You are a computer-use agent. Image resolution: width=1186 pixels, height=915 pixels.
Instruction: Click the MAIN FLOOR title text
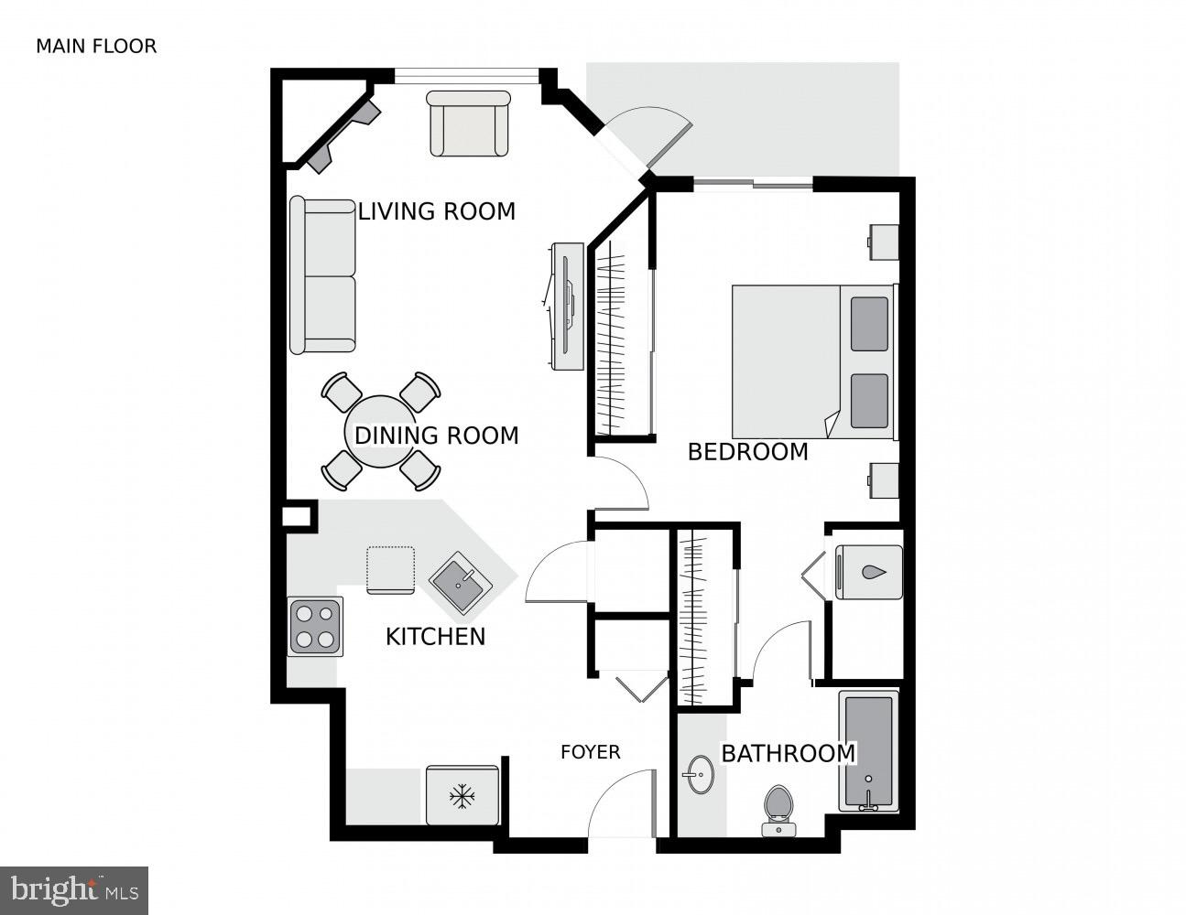point(96,46)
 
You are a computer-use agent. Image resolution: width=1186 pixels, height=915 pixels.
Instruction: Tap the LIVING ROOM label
point(436,211)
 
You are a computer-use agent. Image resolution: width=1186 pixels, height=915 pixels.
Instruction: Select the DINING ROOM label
point(436,436)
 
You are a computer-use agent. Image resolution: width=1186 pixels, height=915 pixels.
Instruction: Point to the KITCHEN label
point(435,637)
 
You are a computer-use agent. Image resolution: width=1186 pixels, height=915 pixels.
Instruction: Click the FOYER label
point(591,752)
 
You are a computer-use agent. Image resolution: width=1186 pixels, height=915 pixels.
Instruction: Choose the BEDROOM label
point(747,452)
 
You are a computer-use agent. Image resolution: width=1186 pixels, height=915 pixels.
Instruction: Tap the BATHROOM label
point(788,754)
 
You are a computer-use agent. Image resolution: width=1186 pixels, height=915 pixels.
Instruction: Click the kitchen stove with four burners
point(316,627)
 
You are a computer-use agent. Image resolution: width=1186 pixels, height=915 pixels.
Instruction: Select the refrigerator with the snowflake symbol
point(462,796)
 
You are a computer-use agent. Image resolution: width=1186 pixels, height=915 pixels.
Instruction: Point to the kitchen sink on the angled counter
point(462,583)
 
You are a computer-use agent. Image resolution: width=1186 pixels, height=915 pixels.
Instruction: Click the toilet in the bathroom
point(778,810)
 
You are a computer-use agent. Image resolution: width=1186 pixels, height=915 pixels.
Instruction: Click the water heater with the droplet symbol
point(869,573)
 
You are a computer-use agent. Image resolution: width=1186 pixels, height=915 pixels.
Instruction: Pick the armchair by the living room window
point(469,124)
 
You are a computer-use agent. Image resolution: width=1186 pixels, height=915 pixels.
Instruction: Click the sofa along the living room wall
point(322,275)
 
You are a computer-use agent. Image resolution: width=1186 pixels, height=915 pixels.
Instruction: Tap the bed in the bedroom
point(813,362)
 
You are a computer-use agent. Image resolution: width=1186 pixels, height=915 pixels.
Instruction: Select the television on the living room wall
point(567,307)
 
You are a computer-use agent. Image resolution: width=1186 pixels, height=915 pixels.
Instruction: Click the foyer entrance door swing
point(622,803)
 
